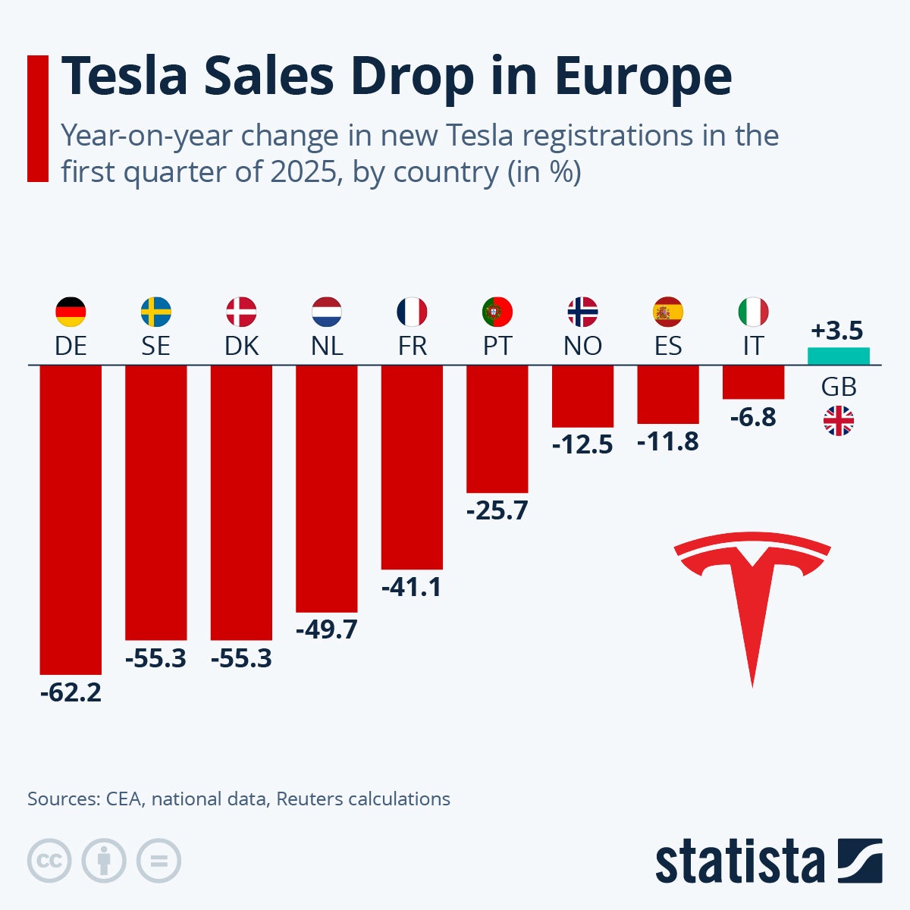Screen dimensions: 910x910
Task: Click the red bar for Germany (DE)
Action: point(71,519)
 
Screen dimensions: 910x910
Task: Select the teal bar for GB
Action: point(838,356)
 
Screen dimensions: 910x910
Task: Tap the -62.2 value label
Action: point(71,692)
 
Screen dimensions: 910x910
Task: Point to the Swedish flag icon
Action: point(156,312)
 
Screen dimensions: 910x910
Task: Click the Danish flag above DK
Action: point(241,312)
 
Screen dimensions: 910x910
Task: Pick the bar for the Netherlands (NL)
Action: point(326,489)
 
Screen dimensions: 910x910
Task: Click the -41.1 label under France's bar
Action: point(412,587)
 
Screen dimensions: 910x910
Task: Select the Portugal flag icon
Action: point(497,312)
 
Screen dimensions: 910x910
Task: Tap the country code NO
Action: point(582,346)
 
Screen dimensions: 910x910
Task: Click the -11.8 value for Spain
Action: point(667,441)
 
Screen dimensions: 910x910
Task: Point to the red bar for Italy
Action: point(753,382)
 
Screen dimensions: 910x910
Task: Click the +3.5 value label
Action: point(837,331)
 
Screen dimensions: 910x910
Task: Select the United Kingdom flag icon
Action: point(839,421)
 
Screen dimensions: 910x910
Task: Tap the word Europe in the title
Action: point(643,76)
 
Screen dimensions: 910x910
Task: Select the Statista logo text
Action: point(739,862)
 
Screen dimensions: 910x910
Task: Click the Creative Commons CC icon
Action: point(49,861)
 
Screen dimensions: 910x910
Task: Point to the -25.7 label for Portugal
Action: point(497,510)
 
